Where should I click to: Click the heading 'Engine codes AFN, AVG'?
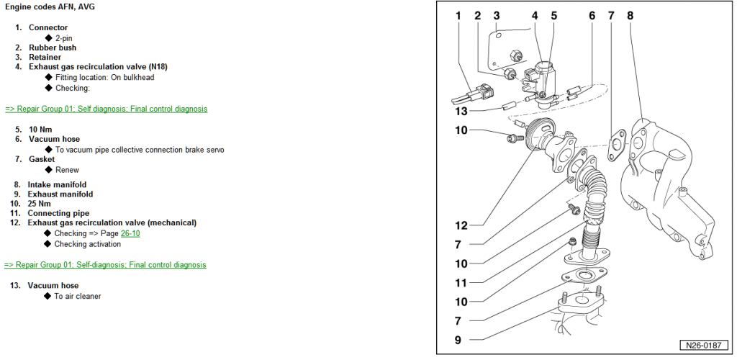click(x=50, y=6)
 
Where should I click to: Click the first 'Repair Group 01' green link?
click(x=106, y=109)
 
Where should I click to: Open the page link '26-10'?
click(x=130, y=233)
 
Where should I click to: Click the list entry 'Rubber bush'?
click(x=52, y=48)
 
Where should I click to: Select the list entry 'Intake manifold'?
click(x=57, y=184)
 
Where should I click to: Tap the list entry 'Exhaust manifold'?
click(x=60, y=194)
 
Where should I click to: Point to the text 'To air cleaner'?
click(x=78, y=296)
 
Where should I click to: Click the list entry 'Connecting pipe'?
click(x=58, y=213)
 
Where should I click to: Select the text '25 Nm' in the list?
click(x=40, y=204)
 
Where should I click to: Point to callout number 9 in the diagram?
click(x=458, y=339)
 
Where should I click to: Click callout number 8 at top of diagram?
click(x=630, y=15)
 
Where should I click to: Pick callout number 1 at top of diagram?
click(x=458, y=15)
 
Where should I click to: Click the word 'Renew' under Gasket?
click(x=66, y=170)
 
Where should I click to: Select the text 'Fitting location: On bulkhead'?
click(x=104, y=77)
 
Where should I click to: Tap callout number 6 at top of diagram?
click(x=592, y=15)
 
